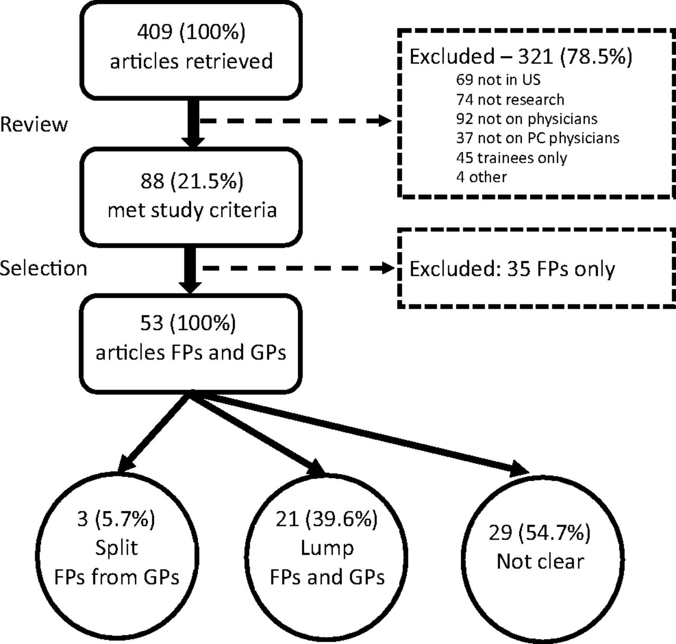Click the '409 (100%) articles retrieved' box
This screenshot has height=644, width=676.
[x=191, y=50]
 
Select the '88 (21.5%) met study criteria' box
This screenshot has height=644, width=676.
[x=191, y=197]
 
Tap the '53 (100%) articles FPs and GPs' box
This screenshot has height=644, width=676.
[x=191, y=343]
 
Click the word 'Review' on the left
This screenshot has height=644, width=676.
[x=34, y=124]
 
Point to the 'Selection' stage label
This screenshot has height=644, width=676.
[x=43, y=268]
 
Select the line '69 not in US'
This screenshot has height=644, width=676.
[x=498, y=80]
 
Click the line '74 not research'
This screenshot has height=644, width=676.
[x=510, y=100]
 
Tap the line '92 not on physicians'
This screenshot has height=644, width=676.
[x=527, y=119]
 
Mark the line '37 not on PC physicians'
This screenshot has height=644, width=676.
[x=538, y=138]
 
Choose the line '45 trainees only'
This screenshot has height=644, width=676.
[x=512, y=158]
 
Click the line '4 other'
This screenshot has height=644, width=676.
[x=481, y=177]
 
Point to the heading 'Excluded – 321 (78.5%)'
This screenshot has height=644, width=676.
[x=521, y=57]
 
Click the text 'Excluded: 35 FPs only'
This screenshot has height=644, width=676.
[x=512, y=269]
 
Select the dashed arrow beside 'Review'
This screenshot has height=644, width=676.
[x=296, y=121]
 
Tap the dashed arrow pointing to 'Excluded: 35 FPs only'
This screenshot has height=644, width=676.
[x=298, y=268]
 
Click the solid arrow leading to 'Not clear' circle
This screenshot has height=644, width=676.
[x=360, y=435]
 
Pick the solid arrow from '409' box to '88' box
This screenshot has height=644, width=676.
[x=193, y=124]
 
